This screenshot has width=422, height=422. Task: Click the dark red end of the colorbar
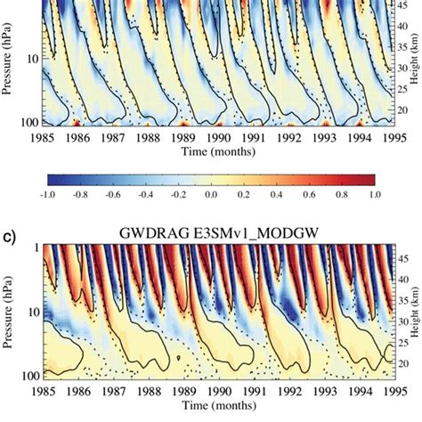(365, 174)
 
